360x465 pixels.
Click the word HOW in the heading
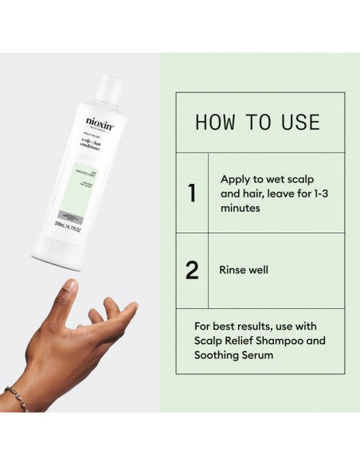point(215,123)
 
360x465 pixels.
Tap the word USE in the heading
point(300,123)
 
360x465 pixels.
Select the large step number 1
point(192,193)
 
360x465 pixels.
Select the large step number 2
point(192,270)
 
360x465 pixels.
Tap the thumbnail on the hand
point(71,285)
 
